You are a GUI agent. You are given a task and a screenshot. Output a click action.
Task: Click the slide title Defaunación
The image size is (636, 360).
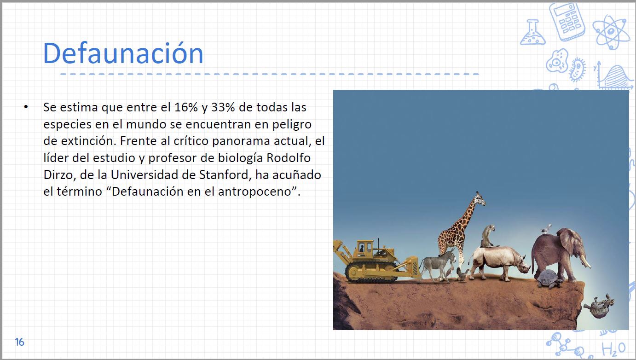click(123, 53)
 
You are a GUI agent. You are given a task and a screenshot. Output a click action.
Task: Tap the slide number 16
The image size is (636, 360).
click(20, 342)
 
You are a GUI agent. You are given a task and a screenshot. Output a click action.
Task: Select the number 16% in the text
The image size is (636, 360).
click(186, 107)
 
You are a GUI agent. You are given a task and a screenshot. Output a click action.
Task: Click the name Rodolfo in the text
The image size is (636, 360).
click(289, 158)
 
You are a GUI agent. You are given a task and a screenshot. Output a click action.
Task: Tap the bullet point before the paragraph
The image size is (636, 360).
click(26, 107)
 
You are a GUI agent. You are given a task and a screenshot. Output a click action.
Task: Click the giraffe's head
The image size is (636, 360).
click(480, 199)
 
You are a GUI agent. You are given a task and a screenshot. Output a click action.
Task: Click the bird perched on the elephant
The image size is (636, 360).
click(546, 229)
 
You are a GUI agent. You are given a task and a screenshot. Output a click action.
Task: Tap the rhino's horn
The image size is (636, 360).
click(527, 266)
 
